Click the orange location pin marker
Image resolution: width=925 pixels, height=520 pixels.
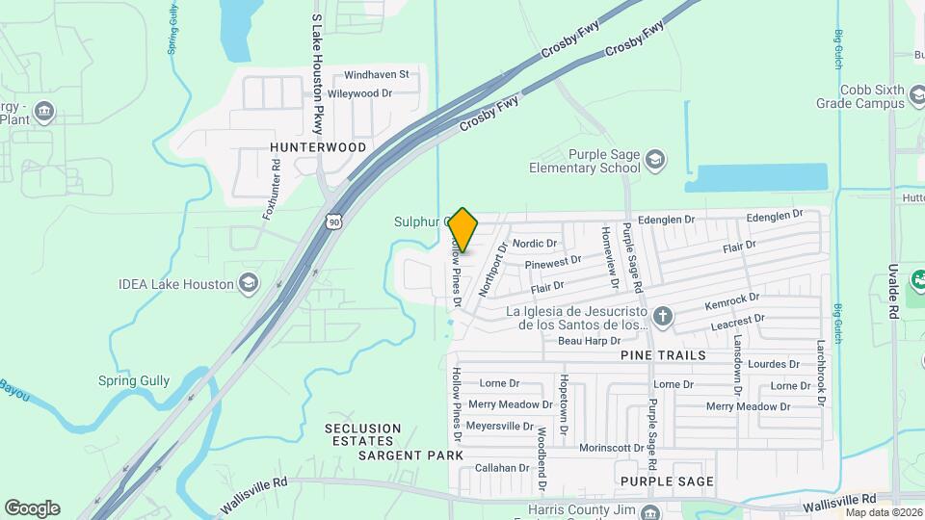462,230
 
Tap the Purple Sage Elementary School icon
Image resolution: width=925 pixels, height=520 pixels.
655,159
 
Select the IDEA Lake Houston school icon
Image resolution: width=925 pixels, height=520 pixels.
249,283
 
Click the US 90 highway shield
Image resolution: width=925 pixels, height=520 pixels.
333,221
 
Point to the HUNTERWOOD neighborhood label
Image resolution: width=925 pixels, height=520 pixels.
318,147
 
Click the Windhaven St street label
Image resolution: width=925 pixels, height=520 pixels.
377,74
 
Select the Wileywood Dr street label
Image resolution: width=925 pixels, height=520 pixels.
360,93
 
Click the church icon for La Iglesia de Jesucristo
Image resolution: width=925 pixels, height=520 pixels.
663,316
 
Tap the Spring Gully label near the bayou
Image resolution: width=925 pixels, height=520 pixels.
134,380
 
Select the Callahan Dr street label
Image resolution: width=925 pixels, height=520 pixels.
503,468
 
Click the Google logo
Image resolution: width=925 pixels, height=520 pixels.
33,508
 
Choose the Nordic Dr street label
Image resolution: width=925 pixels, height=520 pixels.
535,244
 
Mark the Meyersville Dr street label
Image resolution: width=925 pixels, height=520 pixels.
499,426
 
